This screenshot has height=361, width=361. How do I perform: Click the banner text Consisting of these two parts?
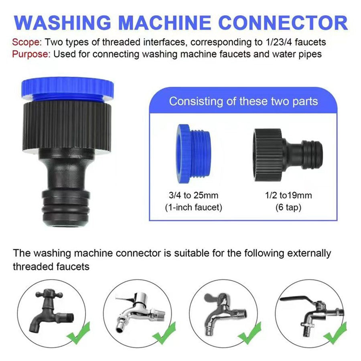(x=243, y=101)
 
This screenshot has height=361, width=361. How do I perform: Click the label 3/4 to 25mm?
(x=193, y=196)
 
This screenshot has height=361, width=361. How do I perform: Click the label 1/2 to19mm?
(x=288, y=196)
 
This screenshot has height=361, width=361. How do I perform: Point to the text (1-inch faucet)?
(x=193, y=207)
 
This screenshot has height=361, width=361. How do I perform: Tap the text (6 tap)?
(x=288, y=207)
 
